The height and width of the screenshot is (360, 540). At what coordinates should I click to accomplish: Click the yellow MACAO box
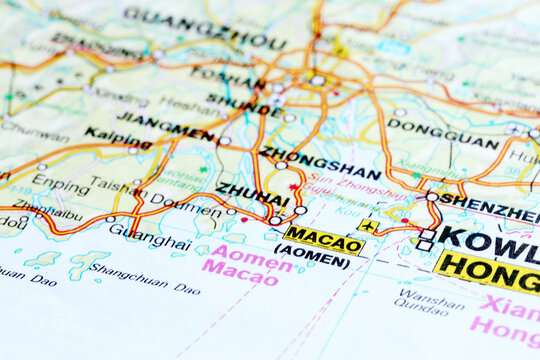(324, 239)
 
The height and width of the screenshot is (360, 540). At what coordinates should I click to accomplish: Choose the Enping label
(60, 182)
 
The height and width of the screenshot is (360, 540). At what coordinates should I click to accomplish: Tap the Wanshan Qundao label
(431, 302)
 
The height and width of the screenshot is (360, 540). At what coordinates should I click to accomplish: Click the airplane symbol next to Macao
(369, 227)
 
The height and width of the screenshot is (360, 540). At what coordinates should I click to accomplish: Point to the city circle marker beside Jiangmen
(225, 141)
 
